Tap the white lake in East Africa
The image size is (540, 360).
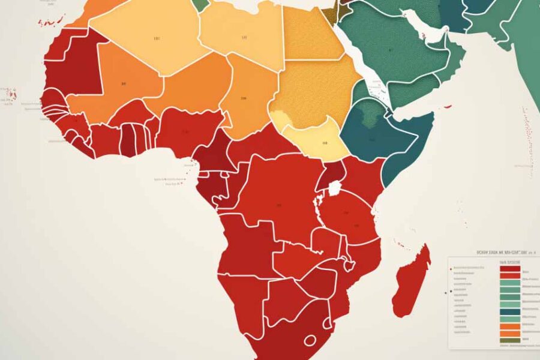click(x=334, y=188)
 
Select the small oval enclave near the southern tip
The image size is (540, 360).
click(x=310, y=340)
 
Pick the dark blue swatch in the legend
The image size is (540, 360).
click(x=509, y=311)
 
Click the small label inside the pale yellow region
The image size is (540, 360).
click(x=325, y=143)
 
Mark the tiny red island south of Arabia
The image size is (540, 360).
click(x=447, y=107)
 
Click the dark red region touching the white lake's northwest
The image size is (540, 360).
click(x=324, y=175)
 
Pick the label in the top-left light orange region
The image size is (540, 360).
click(x=157, y=39)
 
